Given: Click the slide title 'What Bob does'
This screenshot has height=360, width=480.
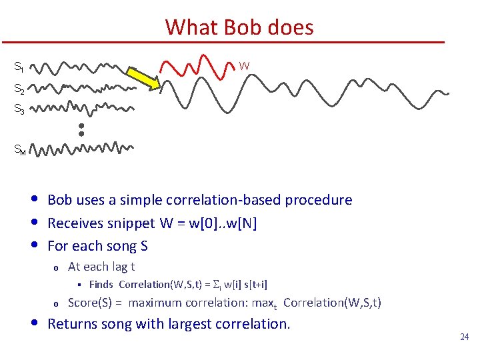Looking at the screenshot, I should click(239, 27).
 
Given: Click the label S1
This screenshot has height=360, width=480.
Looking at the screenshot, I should click(19, 67).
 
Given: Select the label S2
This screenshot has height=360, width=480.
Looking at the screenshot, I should click(19, 89).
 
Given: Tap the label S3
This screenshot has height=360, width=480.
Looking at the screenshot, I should click(19, 111).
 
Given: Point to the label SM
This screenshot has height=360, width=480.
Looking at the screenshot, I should click(20, 150).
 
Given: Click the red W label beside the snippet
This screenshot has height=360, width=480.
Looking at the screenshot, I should click(245, 65).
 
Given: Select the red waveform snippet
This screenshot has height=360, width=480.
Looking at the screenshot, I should click(197, 65).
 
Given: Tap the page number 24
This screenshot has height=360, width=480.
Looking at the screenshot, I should click(465, 337).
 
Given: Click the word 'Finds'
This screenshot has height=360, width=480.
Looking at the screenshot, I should click(101, 285).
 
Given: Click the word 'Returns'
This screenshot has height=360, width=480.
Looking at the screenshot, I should click(73, 324).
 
